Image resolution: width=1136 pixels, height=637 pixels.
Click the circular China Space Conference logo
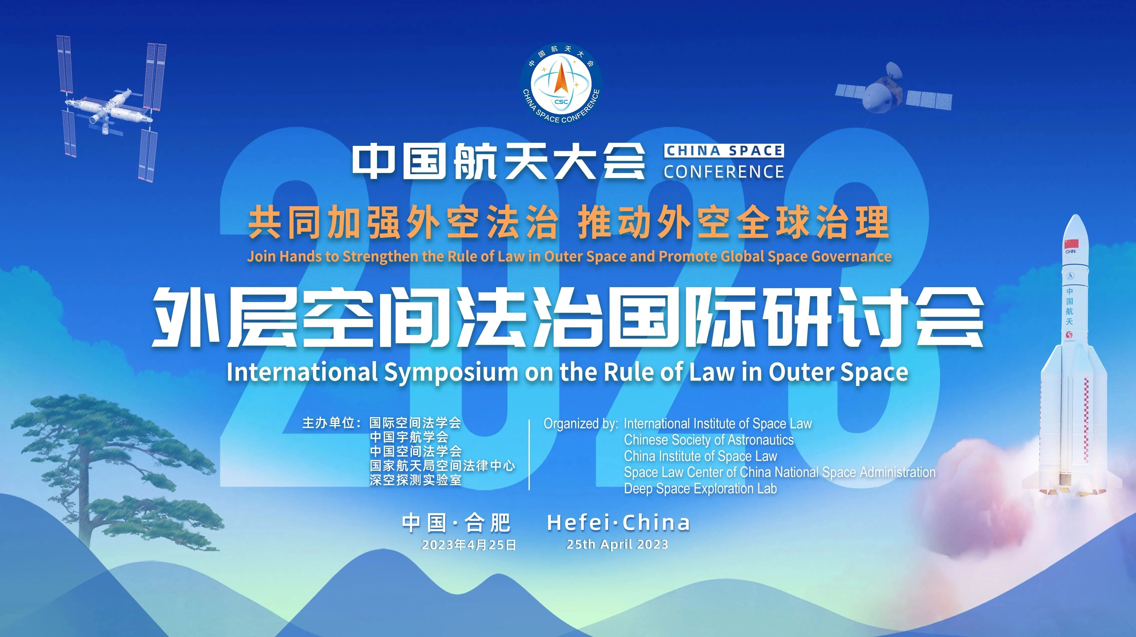[x=561, y=84]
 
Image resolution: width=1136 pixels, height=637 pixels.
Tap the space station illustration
[x=111, y=108]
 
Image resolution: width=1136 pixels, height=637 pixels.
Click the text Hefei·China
[x=618, y=523]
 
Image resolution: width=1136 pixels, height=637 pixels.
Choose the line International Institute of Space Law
[x=717, y=424]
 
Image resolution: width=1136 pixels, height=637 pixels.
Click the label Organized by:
[x=581, y=424]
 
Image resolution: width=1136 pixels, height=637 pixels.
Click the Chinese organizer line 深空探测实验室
[x=415, y=480]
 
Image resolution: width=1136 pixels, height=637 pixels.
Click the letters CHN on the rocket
[x=1070, y=252]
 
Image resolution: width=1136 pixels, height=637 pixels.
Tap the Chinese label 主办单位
[x=329, y=423]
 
